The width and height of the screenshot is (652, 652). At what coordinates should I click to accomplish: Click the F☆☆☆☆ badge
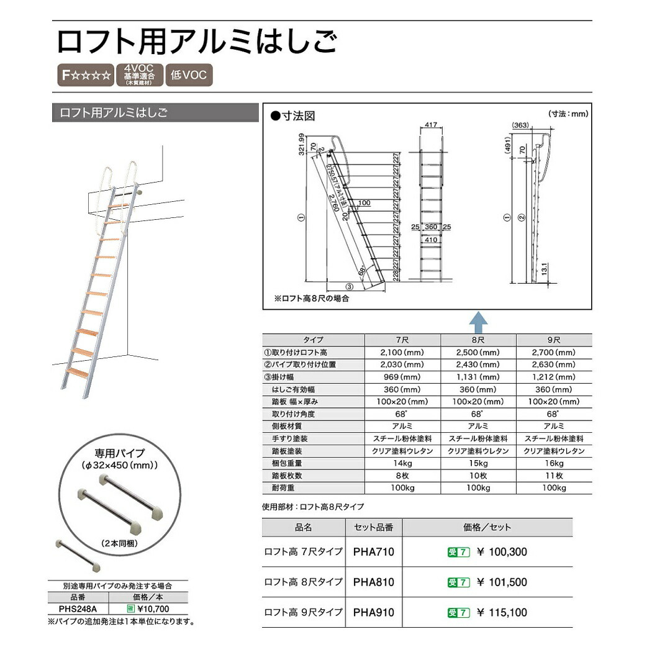tap(86, 76)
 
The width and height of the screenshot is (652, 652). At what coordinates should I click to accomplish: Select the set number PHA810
tap(373, 582)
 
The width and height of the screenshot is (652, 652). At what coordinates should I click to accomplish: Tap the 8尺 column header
tap(479, 340)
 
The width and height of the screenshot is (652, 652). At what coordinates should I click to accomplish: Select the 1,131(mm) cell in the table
tap(479, 377)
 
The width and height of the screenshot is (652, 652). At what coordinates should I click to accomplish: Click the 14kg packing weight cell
tap(402, 463)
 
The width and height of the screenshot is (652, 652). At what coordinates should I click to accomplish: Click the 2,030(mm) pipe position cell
tap(402, 364)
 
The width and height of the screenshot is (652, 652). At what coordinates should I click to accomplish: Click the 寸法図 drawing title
tap(297, 115)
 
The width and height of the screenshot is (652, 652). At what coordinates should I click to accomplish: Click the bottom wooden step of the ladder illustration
tap(78, 373)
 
